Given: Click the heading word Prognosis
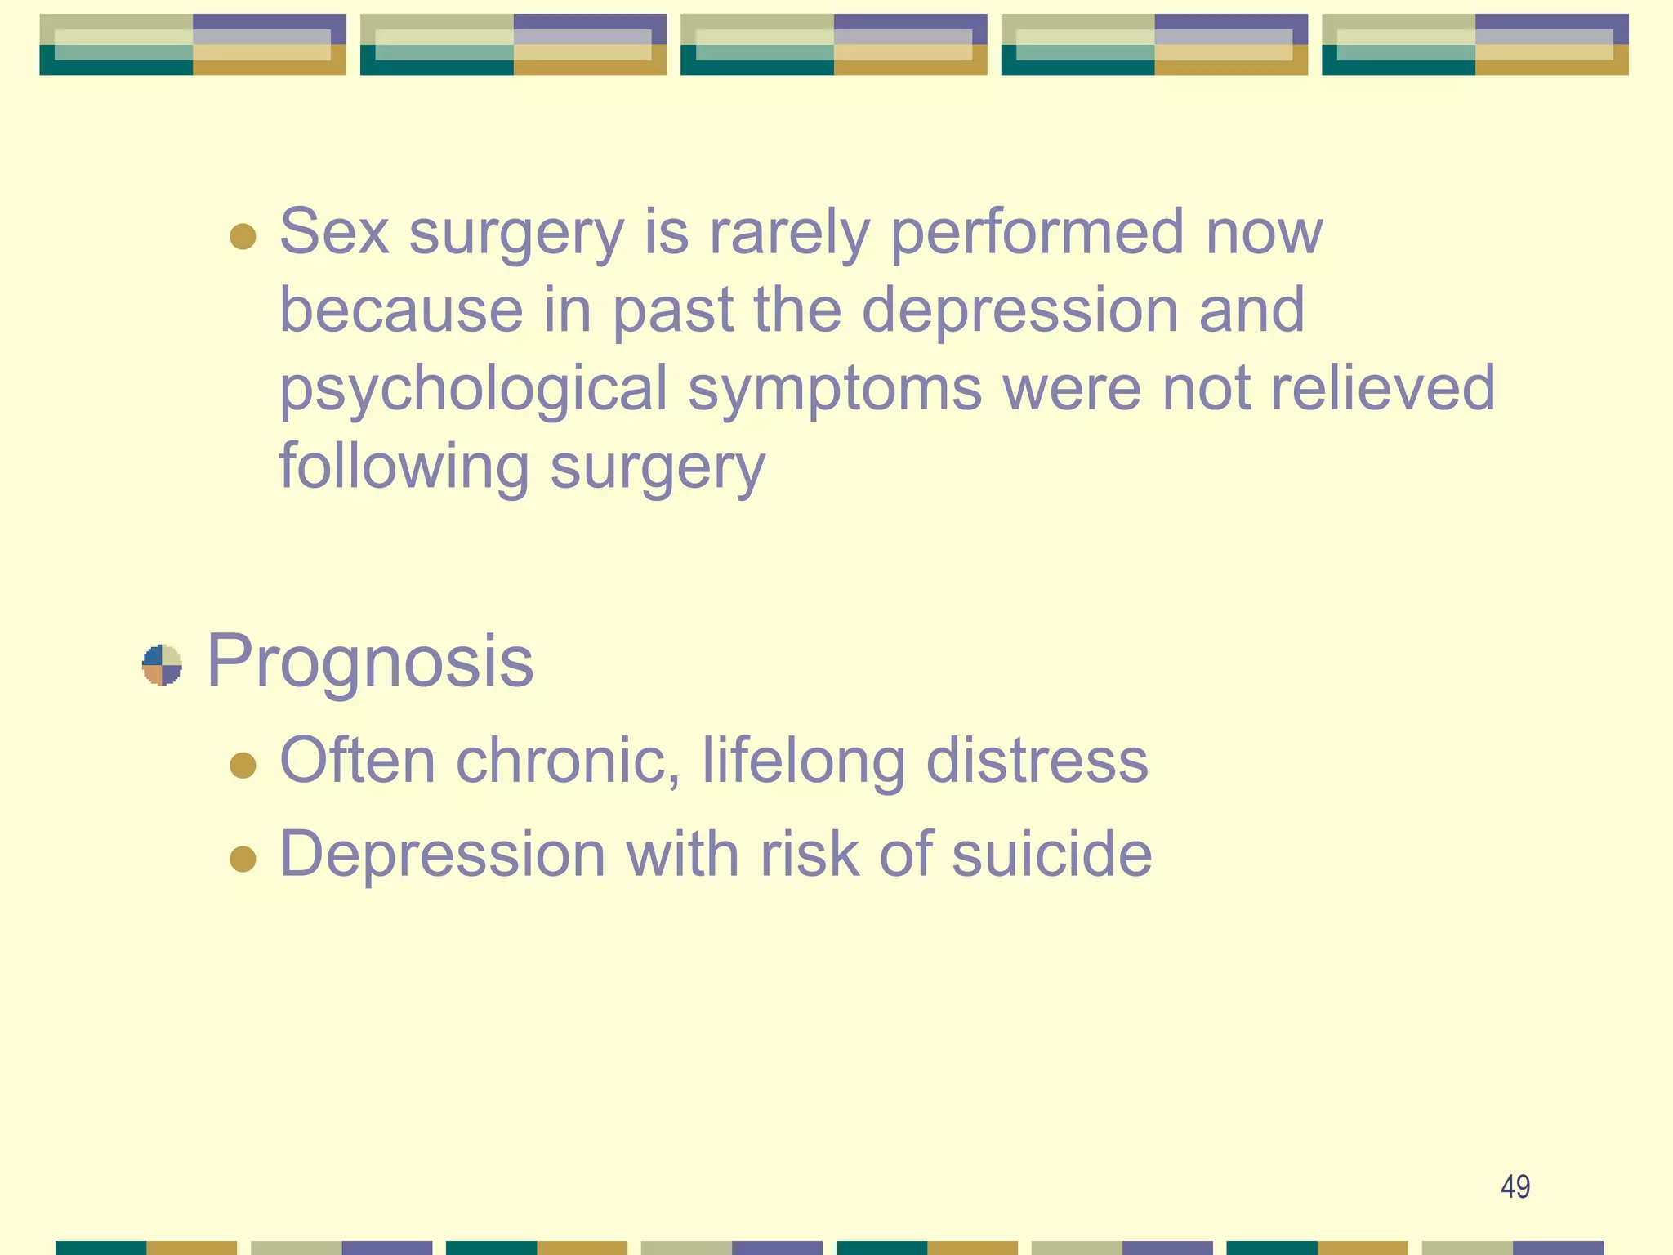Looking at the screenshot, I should (x=370, y=662).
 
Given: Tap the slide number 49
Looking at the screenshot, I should (x=1515, y=1186).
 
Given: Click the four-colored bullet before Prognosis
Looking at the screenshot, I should (x=162, y=665).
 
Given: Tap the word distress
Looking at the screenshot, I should (x=1037, y=761).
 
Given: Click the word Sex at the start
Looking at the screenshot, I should (x=334, y=232).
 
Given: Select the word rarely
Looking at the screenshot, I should (x=789, y=234).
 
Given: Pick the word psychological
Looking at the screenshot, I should (x=474, y=390).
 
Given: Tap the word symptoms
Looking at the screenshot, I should (x=835, y=390).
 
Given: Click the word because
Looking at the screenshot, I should (x=401, y=310).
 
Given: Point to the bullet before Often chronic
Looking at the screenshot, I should (x=243, y=766).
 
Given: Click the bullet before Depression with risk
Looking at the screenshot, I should (x=243, y=859).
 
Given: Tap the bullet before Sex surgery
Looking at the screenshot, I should (x=243, y=237).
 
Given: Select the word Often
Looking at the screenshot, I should (x=357, y=761).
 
